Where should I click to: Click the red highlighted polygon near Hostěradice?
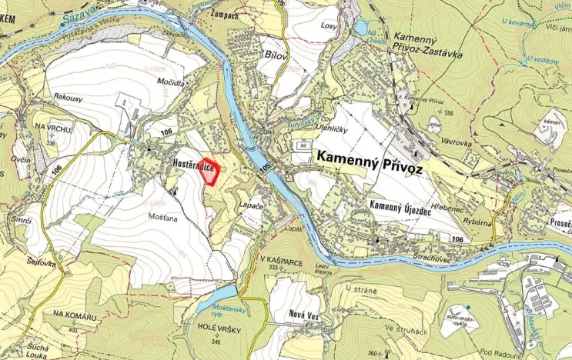(x=209, y=172)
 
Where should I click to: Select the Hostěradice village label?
(x=192, y=165)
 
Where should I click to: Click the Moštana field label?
(x=162, y=218)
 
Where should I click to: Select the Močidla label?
(x=170, y=82)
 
